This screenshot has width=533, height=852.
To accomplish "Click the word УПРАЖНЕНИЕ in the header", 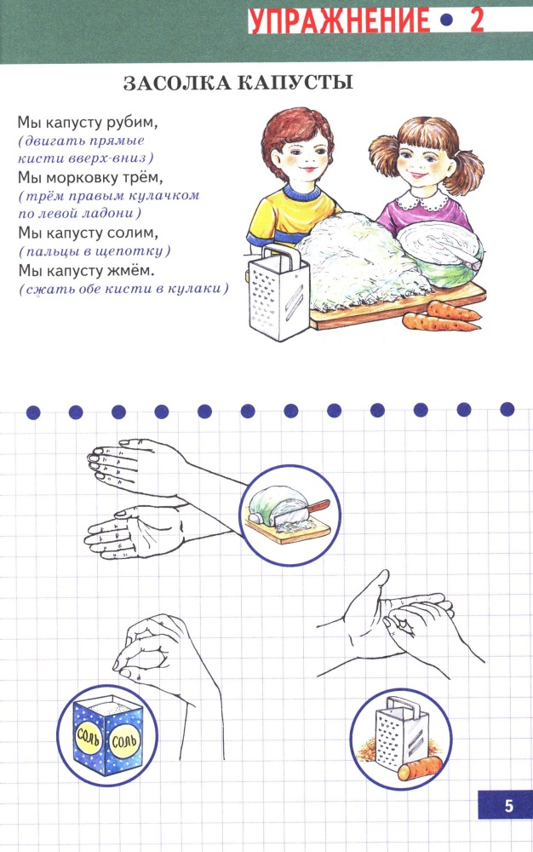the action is [339, 21].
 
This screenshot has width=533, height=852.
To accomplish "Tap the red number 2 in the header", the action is [477, 21].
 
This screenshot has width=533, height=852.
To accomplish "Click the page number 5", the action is [508, 805].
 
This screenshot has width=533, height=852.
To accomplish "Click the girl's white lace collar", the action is [417, 202].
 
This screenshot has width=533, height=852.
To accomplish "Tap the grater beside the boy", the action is [278, 292].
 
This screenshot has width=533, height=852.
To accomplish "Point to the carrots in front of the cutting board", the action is [442, 317].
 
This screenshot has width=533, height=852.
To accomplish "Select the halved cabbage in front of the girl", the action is [441, 254].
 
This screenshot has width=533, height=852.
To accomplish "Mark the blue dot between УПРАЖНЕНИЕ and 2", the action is [446, 21].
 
